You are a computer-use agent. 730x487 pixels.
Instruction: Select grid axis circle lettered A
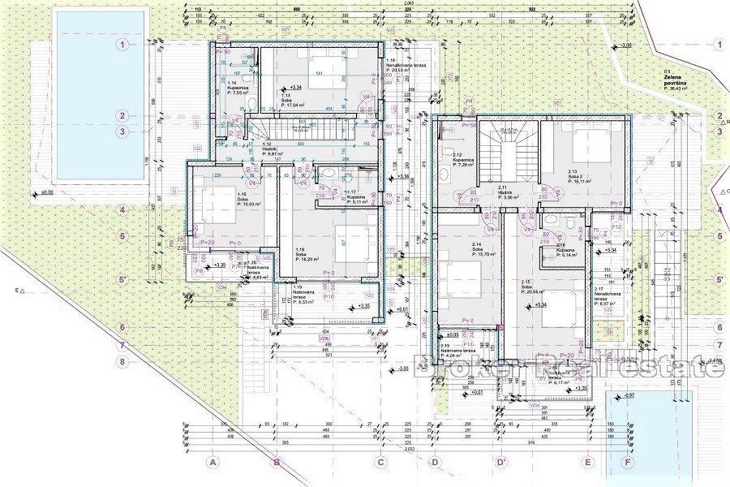click(214, 463)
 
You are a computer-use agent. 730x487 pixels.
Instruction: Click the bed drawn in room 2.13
click(590, 144)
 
